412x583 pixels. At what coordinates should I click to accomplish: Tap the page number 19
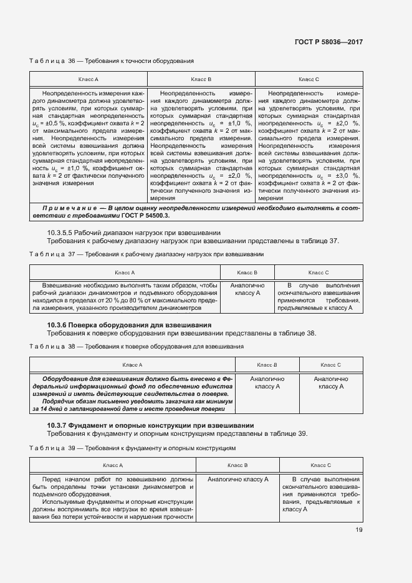[358, 530]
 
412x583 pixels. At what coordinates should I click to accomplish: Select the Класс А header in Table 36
[88, 80]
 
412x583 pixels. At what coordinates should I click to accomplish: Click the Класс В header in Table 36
[201, 80]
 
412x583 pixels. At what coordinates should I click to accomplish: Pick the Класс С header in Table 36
[309, 80]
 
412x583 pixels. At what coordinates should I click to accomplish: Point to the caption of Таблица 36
[112, 61]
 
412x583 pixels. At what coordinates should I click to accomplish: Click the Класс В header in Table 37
[247, 272]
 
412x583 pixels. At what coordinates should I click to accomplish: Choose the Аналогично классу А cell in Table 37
[247, 289]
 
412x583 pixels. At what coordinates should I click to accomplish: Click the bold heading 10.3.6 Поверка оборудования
[130, 325]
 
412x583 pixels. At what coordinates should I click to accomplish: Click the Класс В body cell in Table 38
[267, 383]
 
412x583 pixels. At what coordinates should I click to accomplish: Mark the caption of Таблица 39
[132, 448]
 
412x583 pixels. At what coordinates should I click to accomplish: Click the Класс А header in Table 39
[112, 465]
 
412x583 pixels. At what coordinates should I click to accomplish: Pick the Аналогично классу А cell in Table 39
[237, 479]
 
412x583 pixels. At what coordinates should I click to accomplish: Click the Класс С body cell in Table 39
[320, 494]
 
